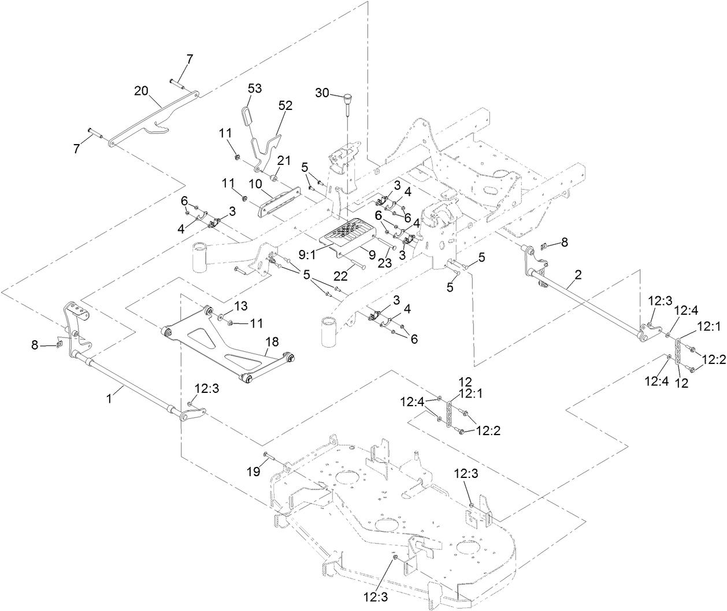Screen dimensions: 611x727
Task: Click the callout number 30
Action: pyautogui.click(x=322, y=93)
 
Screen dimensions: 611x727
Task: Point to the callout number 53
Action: pyautogui.click(x=255, y=89)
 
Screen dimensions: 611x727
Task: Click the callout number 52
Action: pyautogui.click(x=285, y=105)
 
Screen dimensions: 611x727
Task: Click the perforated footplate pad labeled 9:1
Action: pyautogui.click(x=344, y=234)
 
